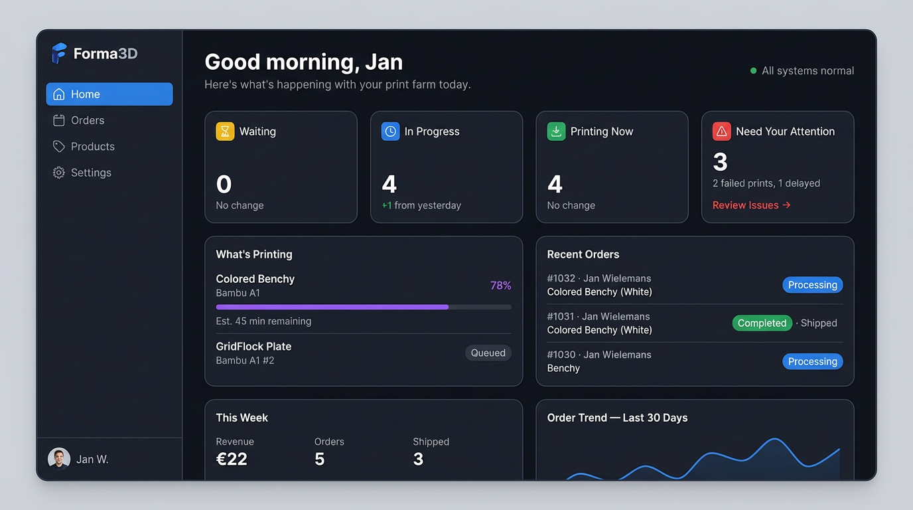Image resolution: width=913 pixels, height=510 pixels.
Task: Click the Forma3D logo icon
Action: point(59,53)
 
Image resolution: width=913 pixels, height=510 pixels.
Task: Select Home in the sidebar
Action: point(109,94)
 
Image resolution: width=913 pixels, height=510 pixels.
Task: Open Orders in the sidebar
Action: point(88,120)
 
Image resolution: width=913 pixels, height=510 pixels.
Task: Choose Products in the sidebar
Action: point(92,147)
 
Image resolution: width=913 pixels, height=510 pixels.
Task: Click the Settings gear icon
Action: point(59,173)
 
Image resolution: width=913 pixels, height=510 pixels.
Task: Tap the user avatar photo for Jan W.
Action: point(59,459)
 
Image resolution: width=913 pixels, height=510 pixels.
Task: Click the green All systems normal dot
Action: point(753,70)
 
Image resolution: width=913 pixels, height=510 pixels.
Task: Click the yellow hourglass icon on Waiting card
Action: point(225,131)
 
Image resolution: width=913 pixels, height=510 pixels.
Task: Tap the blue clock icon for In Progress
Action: point(390,131)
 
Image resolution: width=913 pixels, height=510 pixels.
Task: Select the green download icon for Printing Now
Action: point(556,131)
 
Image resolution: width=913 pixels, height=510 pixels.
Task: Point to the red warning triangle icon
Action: point(721,131)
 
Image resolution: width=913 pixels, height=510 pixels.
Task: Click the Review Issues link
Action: point(751,205)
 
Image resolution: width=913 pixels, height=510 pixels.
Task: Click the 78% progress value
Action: point(500,286)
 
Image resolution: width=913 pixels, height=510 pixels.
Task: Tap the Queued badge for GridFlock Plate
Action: point(488,353)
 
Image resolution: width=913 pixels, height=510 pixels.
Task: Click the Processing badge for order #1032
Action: point(812,285)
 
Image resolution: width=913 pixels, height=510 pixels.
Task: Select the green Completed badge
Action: point(762,323)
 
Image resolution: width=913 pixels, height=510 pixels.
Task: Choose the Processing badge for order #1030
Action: point(812,361)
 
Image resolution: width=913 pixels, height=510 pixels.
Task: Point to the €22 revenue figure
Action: point(232,459)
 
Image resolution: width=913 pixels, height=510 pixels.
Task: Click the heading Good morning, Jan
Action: point(303,62)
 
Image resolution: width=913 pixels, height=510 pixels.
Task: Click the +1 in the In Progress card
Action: point(386,206)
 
